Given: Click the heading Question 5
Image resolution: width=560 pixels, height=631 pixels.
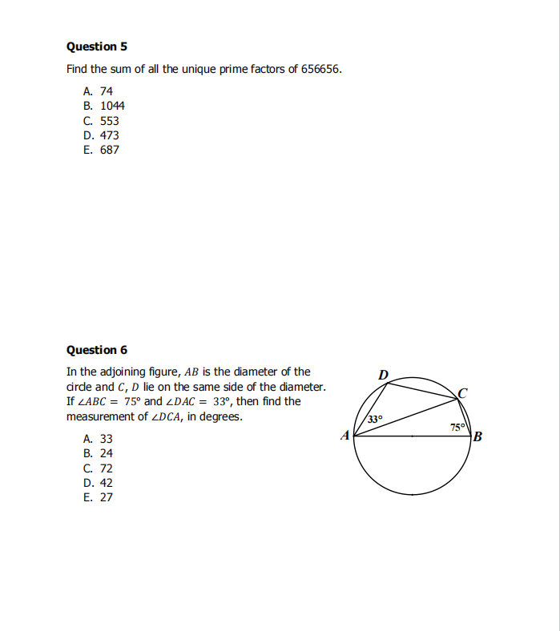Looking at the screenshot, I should click(97, 46).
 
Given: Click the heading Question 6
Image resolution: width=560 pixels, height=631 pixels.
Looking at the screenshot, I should click(97, 350).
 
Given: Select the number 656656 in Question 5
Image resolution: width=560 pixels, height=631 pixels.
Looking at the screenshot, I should click(320, 69).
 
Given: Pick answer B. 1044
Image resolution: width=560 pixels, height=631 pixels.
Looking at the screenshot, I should click(103, 106).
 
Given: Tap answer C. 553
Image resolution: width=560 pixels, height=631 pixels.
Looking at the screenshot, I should click(101, 121).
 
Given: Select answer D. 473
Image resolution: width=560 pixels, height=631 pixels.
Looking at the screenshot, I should click(101, 135).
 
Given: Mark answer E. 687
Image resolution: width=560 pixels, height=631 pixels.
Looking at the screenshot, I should click(101, 150).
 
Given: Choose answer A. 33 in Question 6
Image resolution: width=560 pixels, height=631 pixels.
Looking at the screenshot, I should click(98, 439).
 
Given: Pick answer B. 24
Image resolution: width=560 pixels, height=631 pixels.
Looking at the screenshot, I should click(98, 453).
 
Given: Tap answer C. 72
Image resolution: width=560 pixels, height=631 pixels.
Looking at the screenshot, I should click(98, 468).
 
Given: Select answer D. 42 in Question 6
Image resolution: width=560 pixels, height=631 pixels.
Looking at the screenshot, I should click(98, 483).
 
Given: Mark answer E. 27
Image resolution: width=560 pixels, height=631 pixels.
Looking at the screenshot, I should click(98, 497).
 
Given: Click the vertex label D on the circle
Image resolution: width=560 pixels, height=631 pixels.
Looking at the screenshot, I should click(383, 374).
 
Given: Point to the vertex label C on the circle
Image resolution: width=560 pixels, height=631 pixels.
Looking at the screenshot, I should click(462, 392).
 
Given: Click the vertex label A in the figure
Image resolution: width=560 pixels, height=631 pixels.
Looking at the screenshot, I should click(345, 436).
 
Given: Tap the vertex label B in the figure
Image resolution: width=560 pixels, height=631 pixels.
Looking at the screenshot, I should click(478, 437).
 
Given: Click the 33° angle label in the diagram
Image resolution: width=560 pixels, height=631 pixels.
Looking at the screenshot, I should click(376, 419).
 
